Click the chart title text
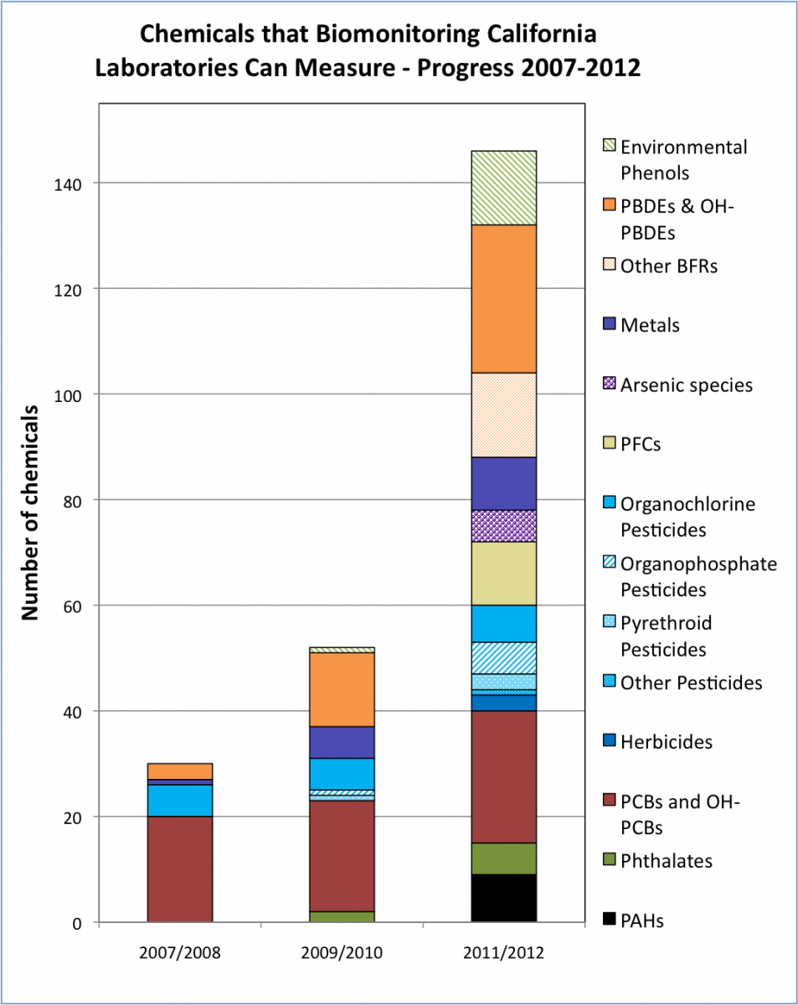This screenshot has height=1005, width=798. coord(368,50)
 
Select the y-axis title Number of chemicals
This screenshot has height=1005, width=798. coord(31,513)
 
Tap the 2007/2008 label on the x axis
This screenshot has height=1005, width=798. coord(180,952)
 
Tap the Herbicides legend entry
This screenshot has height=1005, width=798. coord(666,741)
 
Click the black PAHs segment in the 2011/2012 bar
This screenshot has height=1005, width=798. coord(503,898)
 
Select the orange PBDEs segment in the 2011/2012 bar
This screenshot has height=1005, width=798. coord(503,299)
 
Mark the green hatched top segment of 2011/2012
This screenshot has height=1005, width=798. coord(503,188)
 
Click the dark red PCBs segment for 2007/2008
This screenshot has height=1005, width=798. coord(180,869)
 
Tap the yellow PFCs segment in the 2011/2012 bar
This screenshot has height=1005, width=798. coord(503,574)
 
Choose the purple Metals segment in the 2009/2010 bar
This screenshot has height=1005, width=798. coord(342,742)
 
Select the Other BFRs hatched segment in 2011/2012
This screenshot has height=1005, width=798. coord(503,415)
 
